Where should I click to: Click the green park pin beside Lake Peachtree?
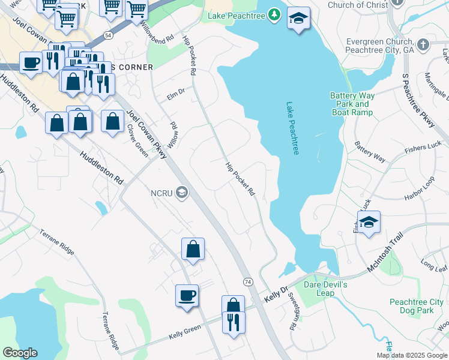coord(274,13)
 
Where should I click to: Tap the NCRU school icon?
coord(182,193)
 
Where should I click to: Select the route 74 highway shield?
coord(247,281)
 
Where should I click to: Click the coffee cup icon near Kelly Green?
coord(187,296)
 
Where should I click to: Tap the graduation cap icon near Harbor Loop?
coord(369,222)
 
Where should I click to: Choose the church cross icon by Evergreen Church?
coord(423,45)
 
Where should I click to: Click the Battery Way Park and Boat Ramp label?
coord(352,104)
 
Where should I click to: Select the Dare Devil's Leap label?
coord(325,289)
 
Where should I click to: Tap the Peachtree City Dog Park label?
coord(416,306)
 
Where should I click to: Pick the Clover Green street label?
coord(137,140)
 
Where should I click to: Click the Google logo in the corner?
coord(20,353)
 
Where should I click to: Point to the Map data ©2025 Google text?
coord(412,355)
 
